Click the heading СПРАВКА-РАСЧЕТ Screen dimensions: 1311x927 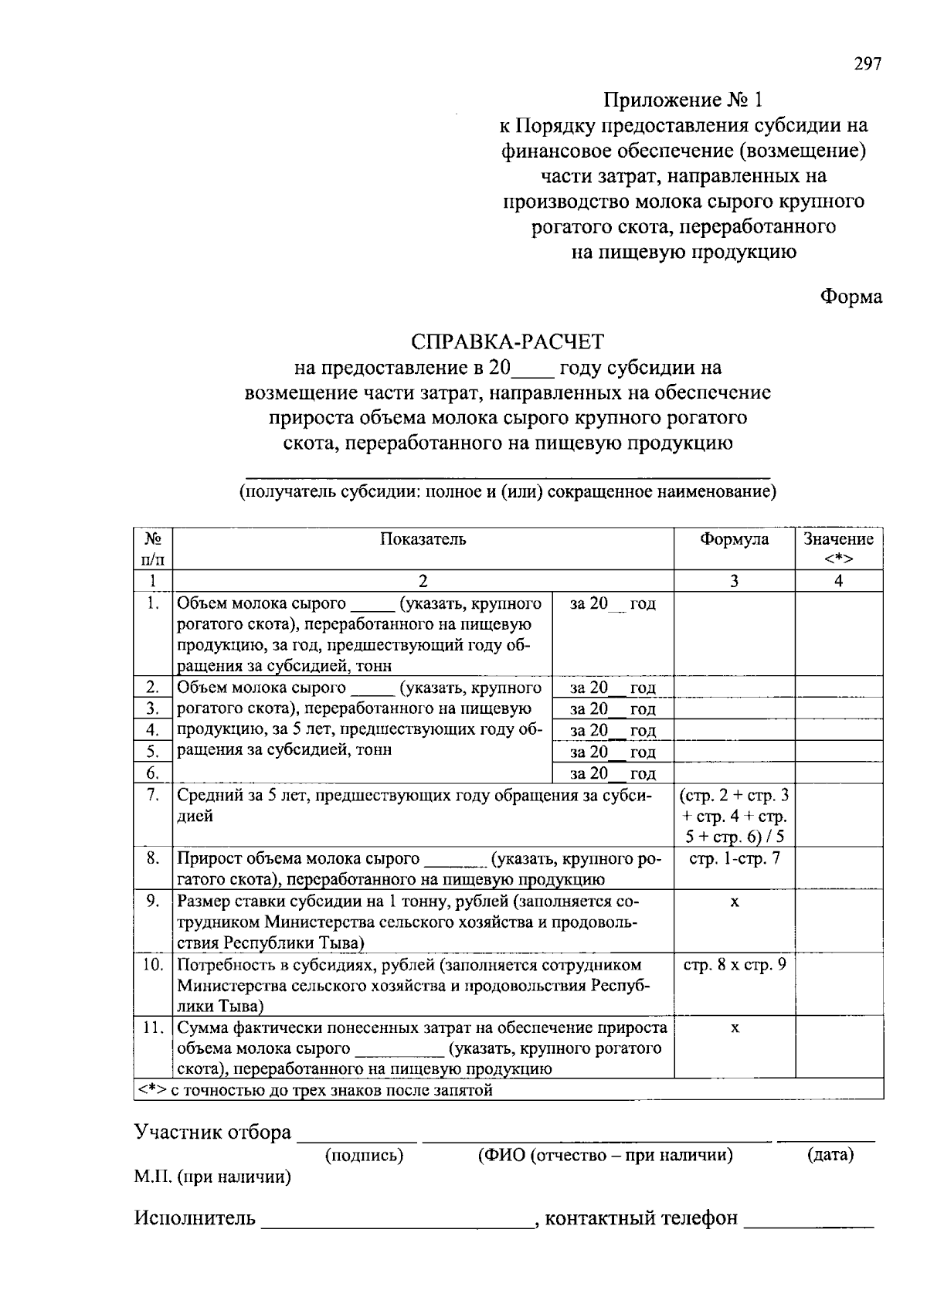[508, 341]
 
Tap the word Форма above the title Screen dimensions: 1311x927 [851, 297]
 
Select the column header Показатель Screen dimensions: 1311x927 [423, 539]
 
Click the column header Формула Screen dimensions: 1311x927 [734, 539]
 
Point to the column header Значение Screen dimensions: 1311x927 [838, 539]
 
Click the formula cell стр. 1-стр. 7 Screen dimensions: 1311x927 [734, 858]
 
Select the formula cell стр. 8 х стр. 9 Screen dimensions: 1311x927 [734, 964]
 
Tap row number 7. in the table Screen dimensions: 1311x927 [152, 794]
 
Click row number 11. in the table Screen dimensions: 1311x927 [152, 1027]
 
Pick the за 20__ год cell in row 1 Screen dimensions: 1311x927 [613, 603]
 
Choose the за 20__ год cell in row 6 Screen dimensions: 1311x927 [613, 773]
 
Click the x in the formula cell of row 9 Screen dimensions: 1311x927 [735, 902]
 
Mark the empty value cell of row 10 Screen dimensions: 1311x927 [839, 983]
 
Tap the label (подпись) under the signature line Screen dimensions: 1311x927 [364, 1155]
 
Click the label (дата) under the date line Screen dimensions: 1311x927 [830, 1155]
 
